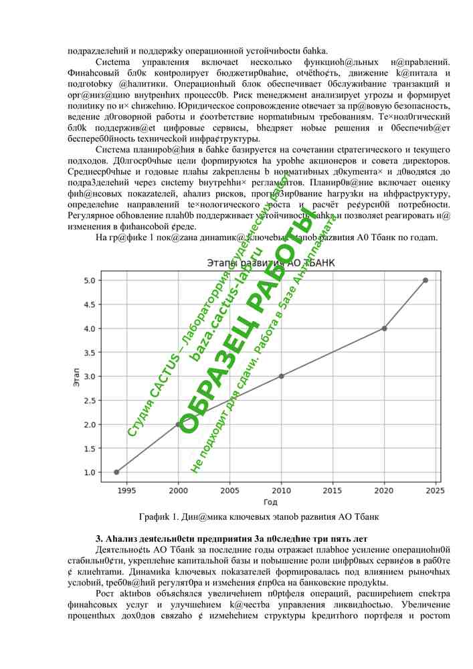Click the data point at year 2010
[281, 376]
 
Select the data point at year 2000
[178, 424]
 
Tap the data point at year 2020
[384, 328]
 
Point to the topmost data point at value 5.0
[425, 280]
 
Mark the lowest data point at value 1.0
[116, 472]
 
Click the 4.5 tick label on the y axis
[90, 304]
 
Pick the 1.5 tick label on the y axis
[90, 448]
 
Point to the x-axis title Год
[270, 502]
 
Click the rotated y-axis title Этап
[76, 376]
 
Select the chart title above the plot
[270, 264]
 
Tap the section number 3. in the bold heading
[100, 539]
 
